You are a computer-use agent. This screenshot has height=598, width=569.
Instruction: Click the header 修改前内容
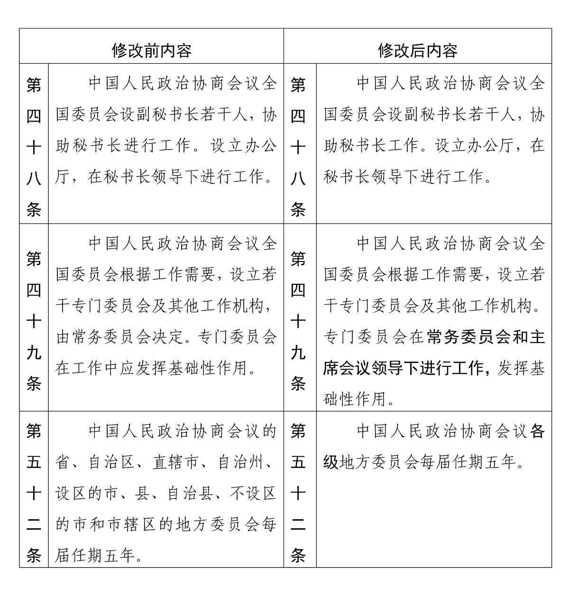tap(151, 50)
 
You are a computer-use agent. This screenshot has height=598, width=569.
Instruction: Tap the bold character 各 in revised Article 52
tap(537, 431)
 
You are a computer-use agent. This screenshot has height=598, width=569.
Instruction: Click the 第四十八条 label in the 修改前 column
tap(34, 147)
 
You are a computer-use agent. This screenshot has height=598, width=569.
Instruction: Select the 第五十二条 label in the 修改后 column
tap(298, 493)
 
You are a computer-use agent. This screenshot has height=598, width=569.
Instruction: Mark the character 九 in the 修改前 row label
tap(34, 353)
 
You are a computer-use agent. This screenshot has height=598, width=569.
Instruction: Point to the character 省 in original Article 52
tap(63, 463)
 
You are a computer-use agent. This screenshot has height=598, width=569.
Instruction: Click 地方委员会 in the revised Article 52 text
tap(380, 462)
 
